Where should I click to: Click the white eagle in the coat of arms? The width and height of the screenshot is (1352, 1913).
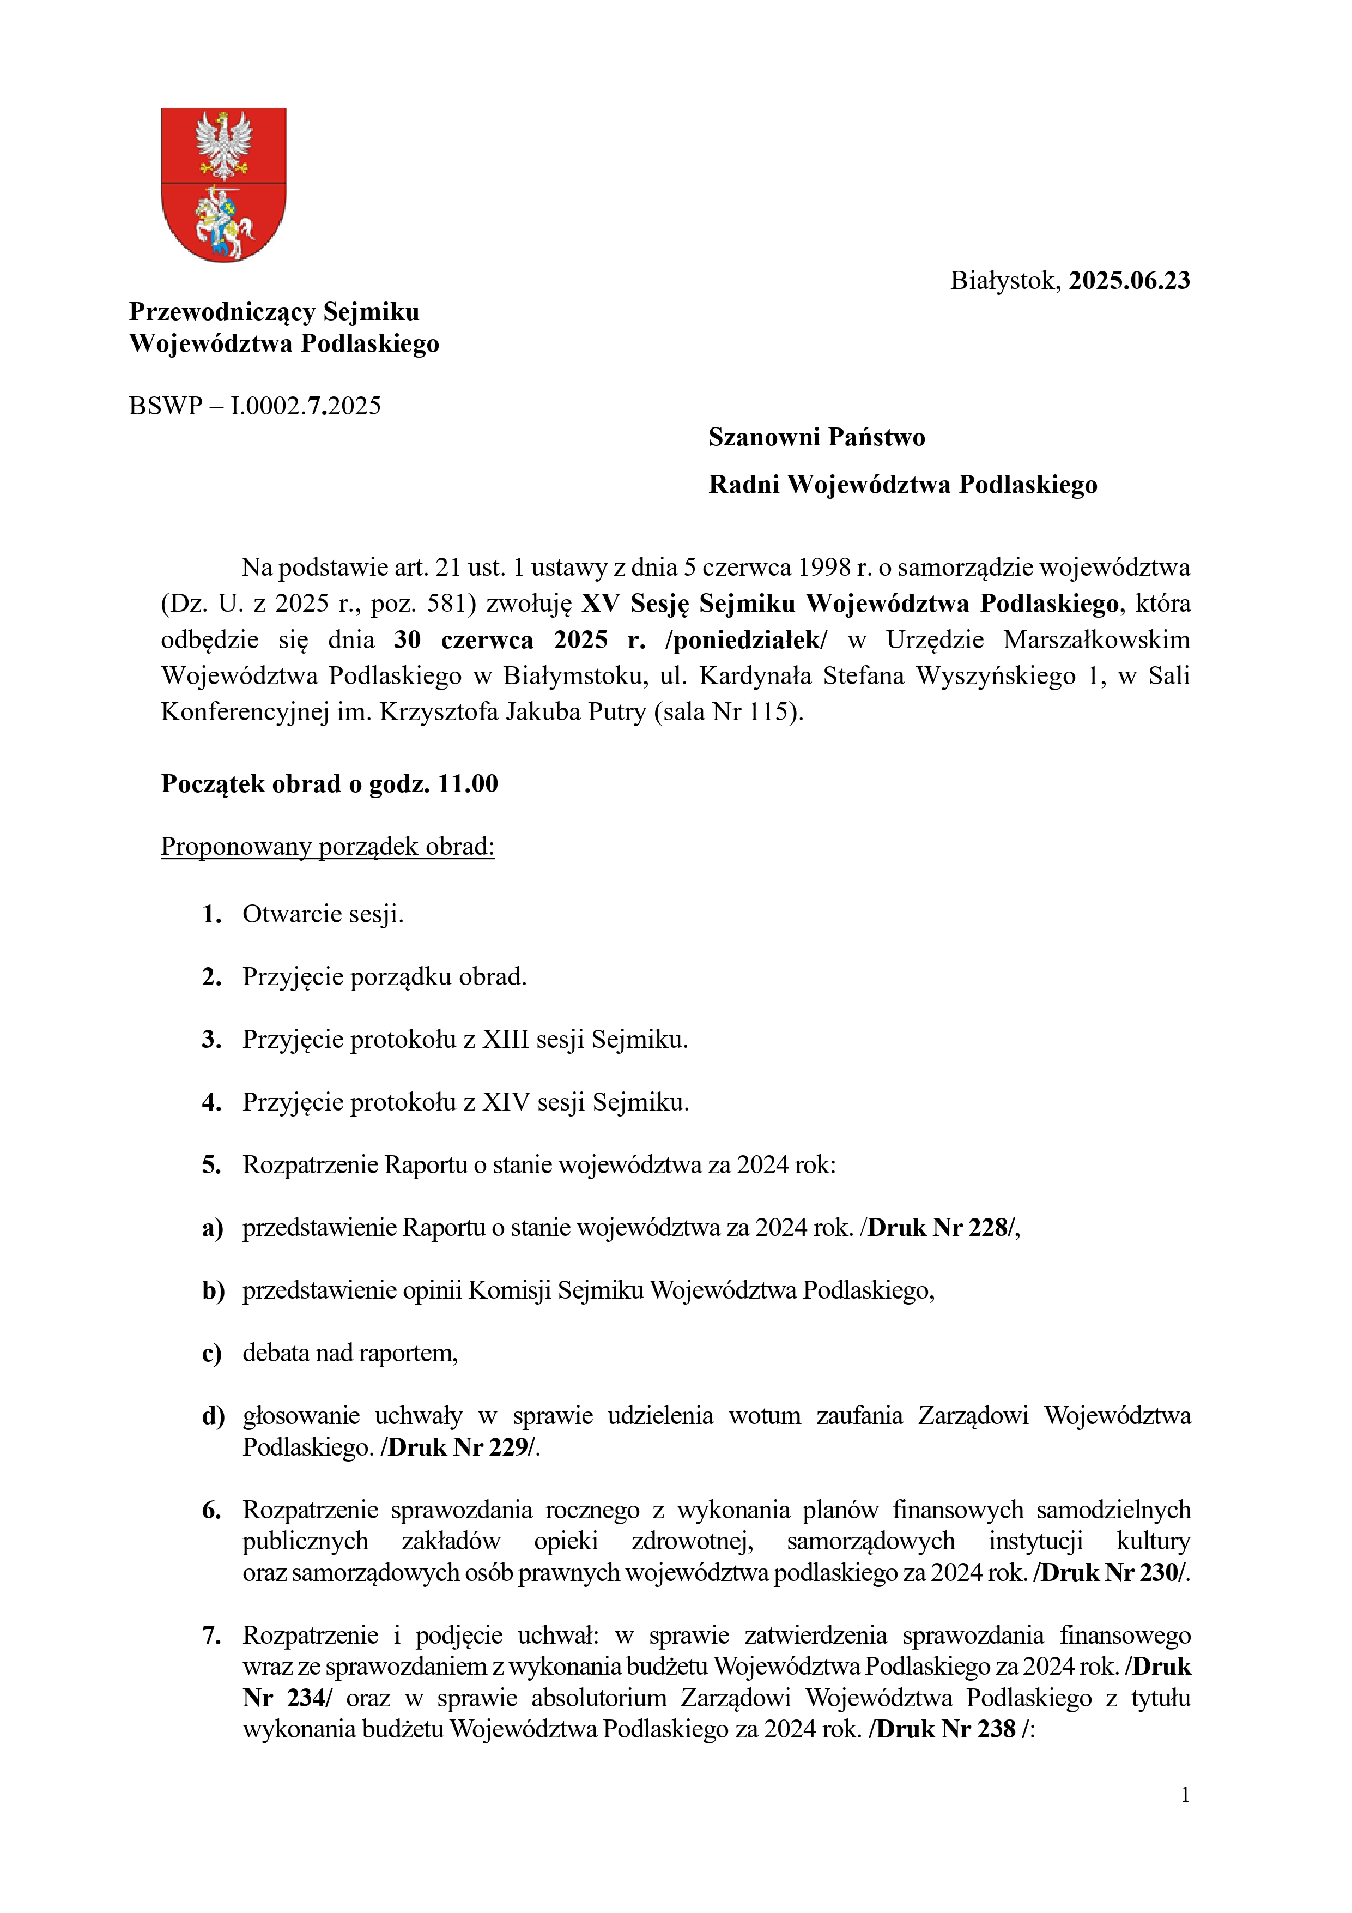click(223, 145)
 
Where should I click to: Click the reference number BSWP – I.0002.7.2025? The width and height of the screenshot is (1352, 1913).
click(255, 406)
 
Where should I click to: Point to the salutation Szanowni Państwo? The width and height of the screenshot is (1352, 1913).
click(816, 437)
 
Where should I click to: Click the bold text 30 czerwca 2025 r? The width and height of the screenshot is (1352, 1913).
click(519, 640)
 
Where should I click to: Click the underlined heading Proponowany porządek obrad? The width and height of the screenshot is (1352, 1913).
click(328, 847)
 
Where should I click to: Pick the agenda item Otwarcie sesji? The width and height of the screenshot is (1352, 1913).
click(323, 915)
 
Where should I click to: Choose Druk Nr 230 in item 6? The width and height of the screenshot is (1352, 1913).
click(1111, 1572)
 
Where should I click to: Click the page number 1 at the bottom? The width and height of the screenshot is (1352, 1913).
click(1185, 1795)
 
